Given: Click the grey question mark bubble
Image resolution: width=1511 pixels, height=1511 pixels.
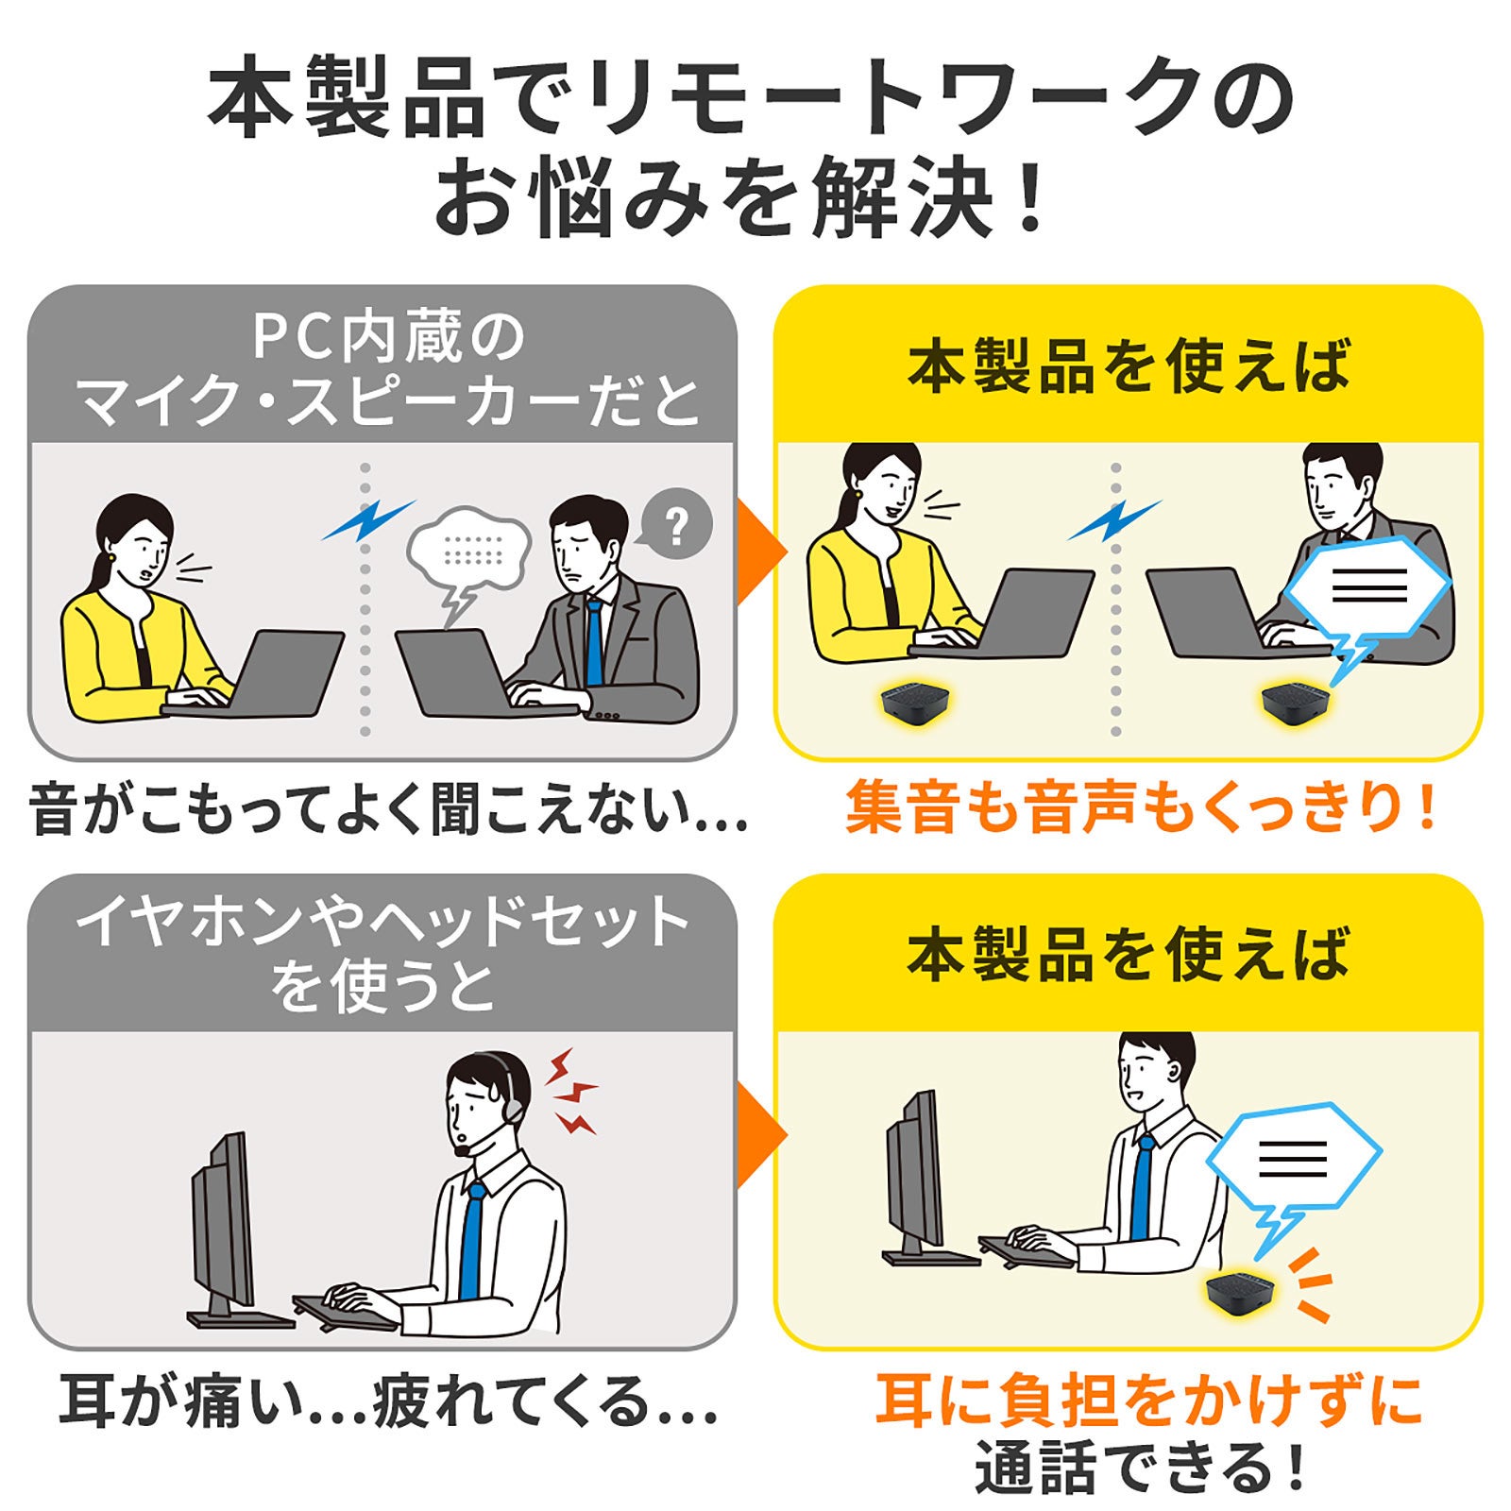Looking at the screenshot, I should click(x=675, y=525).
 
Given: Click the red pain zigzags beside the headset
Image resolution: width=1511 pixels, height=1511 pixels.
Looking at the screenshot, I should click(x=569, y=1092).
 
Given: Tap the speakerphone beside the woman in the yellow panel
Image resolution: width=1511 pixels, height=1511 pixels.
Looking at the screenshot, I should click(x=913, y=703).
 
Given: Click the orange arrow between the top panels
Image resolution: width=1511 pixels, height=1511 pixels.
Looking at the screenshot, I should click(x=758, y=552).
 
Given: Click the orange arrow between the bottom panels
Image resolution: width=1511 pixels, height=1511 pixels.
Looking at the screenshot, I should click(x=758, y=1133).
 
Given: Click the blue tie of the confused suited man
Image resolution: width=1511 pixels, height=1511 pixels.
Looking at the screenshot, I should click(x=594, y=642).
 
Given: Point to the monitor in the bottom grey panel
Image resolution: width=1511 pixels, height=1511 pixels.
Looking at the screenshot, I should click(x=224, y=1218).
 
